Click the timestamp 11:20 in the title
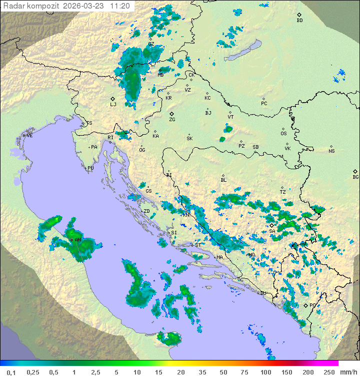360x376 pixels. point(120,6)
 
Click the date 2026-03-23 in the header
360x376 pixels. point(85,6)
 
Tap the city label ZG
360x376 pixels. point(172,120)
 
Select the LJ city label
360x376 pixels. point(113,104)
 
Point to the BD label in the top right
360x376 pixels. point(299,21)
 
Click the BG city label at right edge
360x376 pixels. point(355,177)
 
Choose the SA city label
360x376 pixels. point(272,231)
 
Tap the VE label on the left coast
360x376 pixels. point(29,136)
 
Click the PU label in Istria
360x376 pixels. point(90,168)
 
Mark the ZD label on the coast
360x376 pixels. point(146,211)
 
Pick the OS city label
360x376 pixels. point(283,134)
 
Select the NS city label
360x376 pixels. point(331,151)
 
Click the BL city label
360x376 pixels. point(223,180)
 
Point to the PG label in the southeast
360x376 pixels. point(312,305)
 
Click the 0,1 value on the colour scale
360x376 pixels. point(11,372)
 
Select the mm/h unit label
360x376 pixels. point(347,372)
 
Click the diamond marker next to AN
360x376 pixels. point(71,240)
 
